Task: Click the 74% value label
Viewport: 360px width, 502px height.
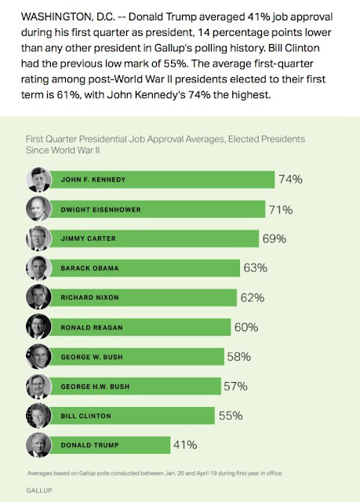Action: coord(290,180)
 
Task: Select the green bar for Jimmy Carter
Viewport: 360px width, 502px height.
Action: coord(155,238)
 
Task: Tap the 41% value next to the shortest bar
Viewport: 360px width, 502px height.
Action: coord(185,445)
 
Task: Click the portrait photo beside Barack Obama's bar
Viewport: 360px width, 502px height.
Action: coord(38,268)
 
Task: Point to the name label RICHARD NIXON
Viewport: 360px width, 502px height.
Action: coord(89,297)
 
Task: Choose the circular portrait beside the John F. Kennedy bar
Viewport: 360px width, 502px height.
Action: coord(38,180)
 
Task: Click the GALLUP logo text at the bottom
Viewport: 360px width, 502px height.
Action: coord(39,490)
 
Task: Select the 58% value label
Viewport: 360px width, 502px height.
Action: coord(238,357)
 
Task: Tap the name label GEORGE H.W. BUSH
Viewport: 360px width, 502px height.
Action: coord(95,387)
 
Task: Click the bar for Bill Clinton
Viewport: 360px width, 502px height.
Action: coord(133,416)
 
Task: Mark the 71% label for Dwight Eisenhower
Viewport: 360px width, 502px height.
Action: coord(281,210)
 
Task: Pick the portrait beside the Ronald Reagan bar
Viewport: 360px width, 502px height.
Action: coord(38,327)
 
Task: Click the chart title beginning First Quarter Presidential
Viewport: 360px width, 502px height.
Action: coord(165,144)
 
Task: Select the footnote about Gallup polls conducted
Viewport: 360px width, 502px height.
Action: coord(155,473)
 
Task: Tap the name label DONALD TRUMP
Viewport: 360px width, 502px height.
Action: coord(89,446)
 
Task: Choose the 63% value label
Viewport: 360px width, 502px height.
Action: coord(256,267)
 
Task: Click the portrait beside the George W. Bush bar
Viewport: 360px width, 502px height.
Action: coord(38,357)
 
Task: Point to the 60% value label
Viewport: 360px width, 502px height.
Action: coord(246,327)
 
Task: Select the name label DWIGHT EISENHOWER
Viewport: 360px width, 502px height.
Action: coord(101,209)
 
